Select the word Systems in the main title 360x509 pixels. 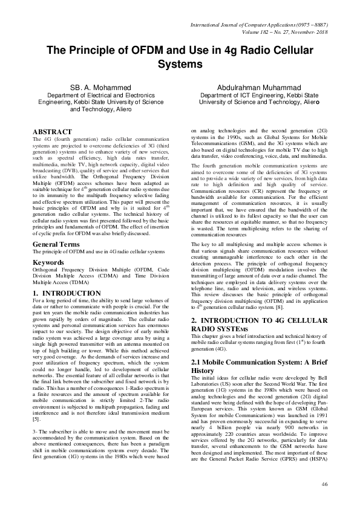(180, 63)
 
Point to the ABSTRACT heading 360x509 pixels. (53, 131)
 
